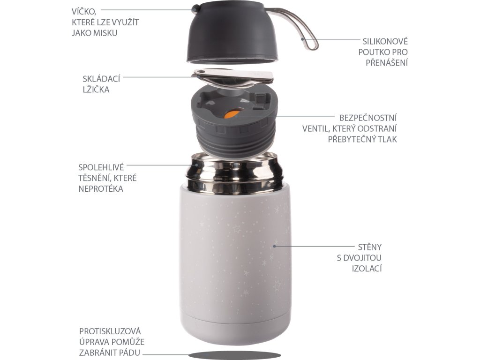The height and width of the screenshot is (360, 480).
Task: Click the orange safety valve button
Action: pos(231,114)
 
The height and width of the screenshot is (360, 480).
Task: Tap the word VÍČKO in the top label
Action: pos(84,11)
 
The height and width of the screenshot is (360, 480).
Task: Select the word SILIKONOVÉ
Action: pos(385,41)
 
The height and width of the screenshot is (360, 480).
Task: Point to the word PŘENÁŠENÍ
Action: pos(387,62)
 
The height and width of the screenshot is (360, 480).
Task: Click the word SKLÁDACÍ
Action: pos(101,79)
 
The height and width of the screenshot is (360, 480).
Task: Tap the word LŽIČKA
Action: pos(96,89)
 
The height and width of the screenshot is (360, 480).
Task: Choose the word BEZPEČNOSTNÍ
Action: pos(368,118)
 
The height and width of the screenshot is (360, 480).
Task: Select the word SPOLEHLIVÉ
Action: pos(101,167)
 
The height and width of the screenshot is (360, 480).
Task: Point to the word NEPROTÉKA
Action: pos(101,188)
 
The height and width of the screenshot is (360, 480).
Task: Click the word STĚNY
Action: pos(370,247)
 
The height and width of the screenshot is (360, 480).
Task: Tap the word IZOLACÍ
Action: pos(367,269)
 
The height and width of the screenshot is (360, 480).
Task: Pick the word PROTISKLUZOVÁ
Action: pos(110,331)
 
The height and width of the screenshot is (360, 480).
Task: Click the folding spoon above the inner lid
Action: pos(233,77)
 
